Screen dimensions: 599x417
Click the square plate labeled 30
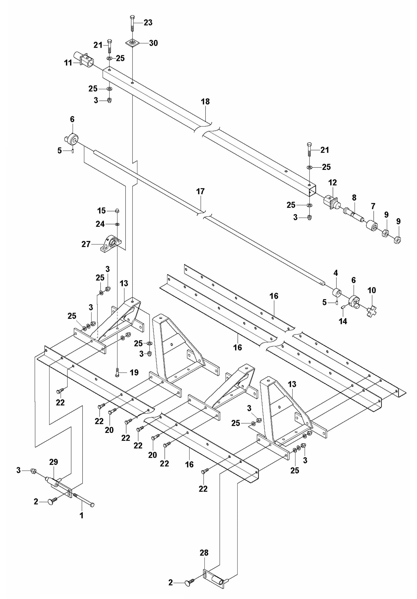132,43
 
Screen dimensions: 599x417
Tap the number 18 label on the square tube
205,102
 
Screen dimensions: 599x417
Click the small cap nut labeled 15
117,210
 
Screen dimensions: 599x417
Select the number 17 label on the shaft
200,191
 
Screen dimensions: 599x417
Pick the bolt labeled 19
117,372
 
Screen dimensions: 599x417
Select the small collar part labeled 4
337,292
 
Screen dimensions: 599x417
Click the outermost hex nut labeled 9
397,239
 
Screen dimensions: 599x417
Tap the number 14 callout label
343,321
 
